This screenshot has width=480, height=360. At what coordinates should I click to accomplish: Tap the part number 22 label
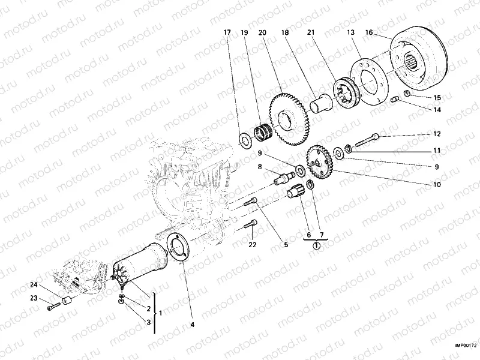click(253, 244)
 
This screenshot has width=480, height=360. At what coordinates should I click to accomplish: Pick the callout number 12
click(437, 134)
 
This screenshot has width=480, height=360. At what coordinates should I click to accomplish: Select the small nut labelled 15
click(406, 94)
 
